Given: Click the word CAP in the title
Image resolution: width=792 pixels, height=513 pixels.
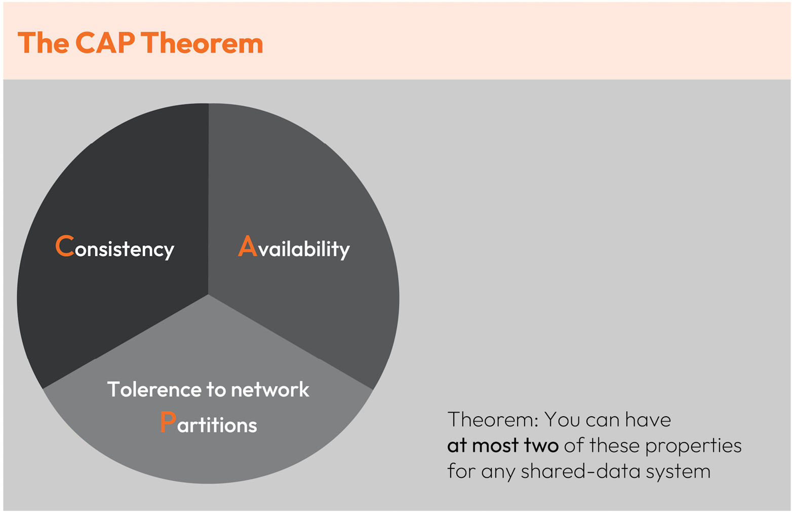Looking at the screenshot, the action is pos(105,43).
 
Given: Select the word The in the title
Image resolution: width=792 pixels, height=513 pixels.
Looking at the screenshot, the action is pos(43,43).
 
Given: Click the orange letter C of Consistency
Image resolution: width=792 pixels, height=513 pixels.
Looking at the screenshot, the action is pos(65,245).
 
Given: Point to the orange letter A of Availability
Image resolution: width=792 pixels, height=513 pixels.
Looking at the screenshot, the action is pos(248,245).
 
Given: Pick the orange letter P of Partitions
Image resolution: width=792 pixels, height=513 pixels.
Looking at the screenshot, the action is pos(168,422).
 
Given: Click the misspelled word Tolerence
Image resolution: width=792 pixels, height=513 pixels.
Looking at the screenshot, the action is pos(154,389).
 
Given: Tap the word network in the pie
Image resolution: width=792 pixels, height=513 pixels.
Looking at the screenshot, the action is pos(270,389).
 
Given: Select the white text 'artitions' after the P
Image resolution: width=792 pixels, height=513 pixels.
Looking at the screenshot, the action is pos(217,424).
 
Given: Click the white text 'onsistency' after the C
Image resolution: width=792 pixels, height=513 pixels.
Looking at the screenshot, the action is pos(125,249).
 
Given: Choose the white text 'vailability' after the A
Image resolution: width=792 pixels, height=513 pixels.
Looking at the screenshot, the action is pos(304,249).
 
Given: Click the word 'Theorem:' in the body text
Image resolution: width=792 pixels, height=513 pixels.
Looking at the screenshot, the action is pos(493,420).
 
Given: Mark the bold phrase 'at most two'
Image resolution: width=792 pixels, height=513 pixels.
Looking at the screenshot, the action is pos(503,446).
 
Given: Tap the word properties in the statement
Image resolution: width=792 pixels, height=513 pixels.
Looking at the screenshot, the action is pos(693,446).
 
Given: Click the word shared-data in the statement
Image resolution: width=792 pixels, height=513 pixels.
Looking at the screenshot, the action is pos(580,471).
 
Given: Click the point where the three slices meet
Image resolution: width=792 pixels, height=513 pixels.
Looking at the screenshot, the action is pos(208,294).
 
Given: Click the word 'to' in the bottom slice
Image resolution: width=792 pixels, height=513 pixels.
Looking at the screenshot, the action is pos(216,390).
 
